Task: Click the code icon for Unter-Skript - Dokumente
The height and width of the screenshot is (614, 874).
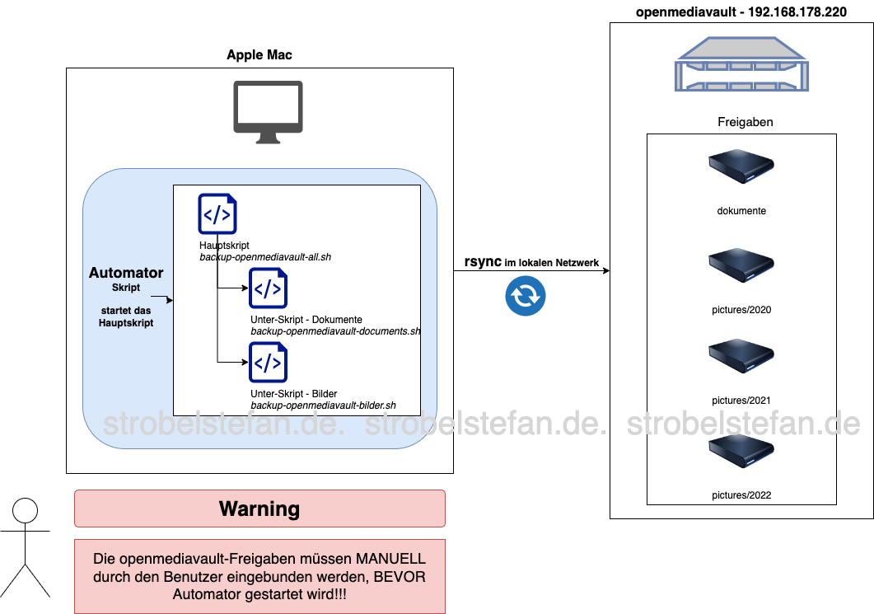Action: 269,288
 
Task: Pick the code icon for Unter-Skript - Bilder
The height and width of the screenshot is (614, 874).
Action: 269,363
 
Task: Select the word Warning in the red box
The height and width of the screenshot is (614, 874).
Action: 259,509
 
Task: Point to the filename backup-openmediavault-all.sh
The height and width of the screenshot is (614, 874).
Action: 265,257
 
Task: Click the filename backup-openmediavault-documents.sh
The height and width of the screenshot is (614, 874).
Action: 335,331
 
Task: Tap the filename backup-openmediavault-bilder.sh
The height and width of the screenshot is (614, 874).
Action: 323,405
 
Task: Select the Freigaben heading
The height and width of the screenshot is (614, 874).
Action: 745,122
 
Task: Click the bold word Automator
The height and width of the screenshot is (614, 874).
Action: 126,273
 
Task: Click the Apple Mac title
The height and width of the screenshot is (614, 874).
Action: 259,55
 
